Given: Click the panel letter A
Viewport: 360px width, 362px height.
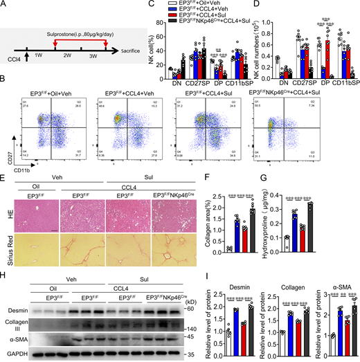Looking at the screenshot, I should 4,5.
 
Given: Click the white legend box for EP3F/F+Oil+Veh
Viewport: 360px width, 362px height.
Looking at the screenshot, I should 196,5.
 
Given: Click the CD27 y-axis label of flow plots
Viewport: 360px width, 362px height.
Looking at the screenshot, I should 8,163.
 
